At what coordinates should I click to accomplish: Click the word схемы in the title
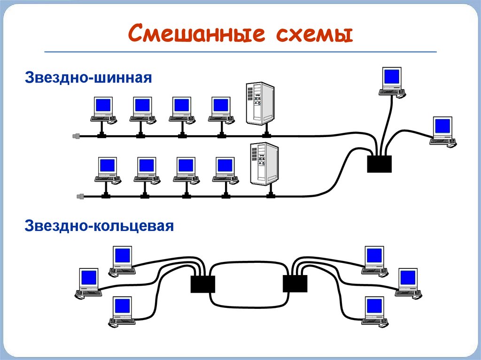(x=314, y=34)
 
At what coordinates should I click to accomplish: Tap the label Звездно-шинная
(x=88, y=77)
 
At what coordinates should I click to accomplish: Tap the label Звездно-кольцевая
(x=99, y=226)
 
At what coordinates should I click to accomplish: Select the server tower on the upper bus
(x=260, y=103)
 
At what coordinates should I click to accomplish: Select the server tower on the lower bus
(x=264, y=164)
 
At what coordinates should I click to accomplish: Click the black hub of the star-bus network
(x=380, y=164)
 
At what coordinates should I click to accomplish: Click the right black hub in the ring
(x=295, y=283)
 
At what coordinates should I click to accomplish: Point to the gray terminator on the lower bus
(x=80, y=196)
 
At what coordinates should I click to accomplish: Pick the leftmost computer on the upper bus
(x=103, y=111)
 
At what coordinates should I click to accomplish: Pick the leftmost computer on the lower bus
(x=108, y=171)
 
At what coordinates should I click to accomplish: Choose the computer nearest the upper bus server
(x=221, y=111)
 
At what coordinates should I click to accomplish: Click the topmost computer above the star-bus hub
(x=392, y=83)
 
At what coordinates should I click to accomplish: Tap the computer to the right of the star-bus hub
(x=443, y=132)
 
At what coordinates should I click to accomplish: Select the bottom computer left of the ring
(x=122, y=312)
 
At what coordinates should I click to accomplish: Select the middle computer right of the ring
(x=408, y=283)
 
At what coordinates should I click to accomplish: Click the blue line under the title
(x=240, y=52)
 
